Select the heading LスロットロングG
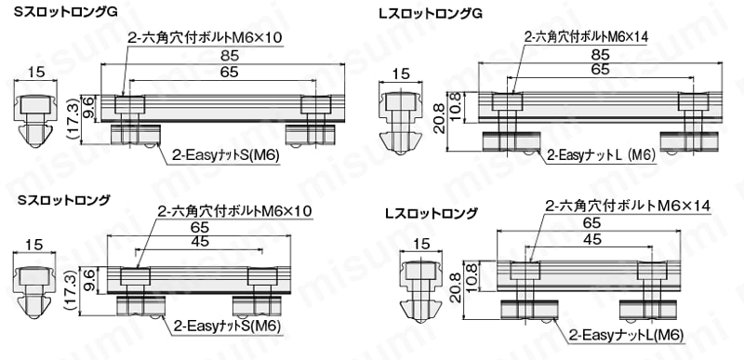point(431,14)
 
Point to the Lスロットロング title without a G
point(431,213)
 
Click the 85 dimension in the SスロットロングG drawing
point(221,57)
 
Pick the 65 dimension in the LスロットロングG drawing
point(600,69)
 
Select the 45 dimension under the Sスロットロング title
point(199,242)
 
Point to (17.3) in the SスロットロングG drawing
point(73,118)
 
